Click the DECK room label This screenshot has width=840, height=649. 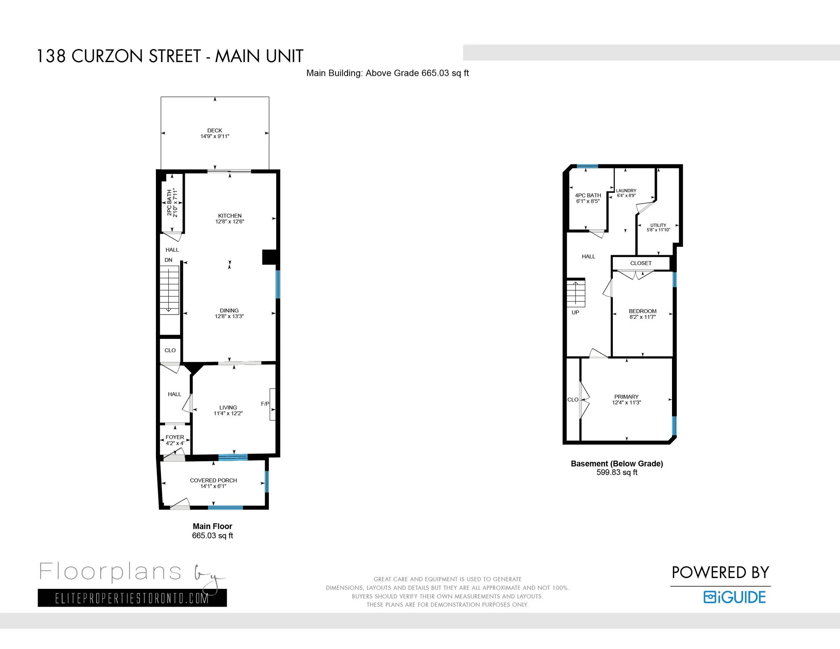pos(215,130)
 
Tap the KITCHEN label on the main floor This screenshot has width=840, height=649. pos(229,216)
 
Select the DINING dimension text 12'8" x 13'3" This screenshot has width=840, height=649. pos(229,316)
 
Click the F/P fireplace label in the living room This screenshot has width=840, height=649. pos(265,404)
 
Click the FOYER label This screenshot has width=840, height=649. pos(175,437)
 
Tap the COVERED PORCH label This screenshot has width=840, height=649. pos(213,480)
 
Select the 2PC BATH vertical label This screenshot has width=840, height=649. pos(169,203)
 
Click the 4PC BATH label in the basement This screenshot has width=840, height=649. pos(588,195)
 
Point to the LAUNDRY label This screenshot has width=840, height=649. pos(626,190)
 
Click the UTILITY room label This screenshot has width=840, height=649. pos(659,225)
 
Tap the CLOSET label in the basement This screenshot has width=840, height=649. pos(641,263)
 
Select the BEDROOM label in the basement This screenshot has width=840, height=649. pos(643,311)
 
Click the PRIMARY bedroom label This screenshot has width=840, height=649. pos(627,396)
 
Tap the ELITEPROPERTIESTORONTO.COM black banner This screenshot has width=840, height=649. pos(132,598)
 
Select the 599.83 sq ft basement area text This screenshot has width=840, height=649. pos(617,473)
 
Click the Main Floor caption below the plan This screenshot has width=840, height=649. pos(212,526)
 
